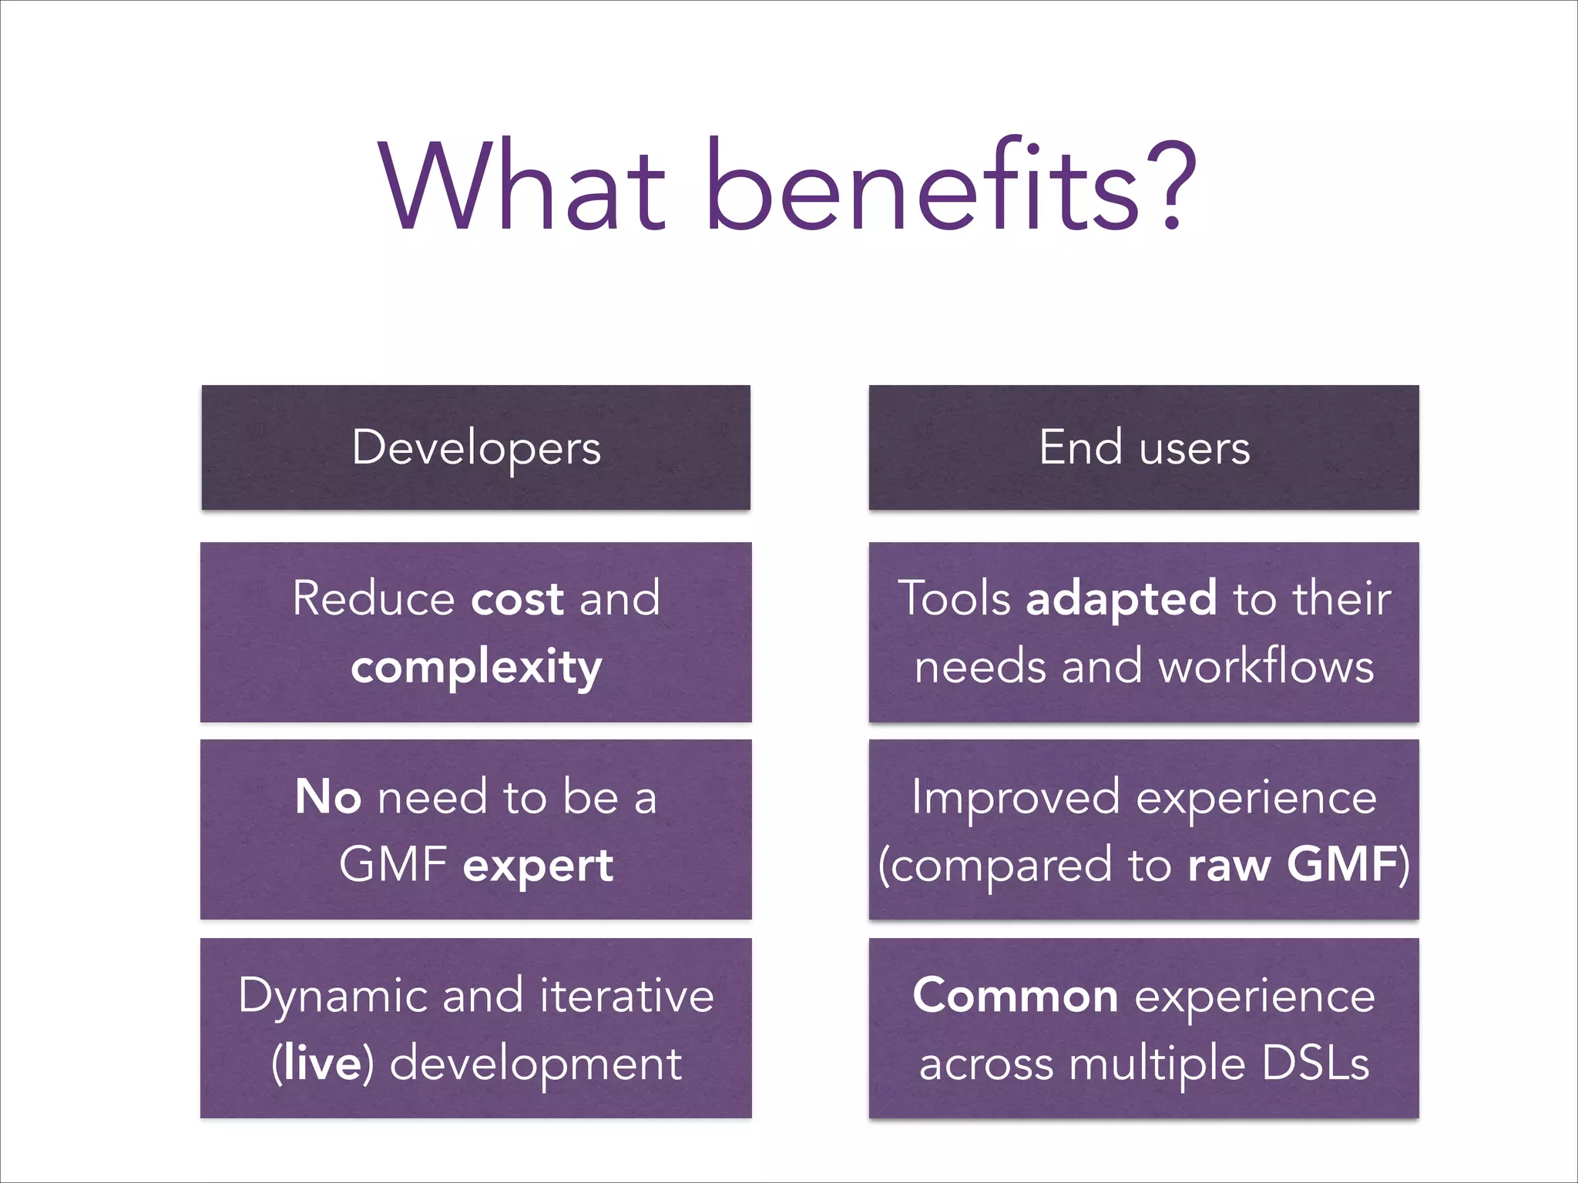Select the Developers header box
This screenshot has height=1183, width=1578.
point(475,447)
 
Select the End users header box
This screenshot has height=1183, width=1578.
point(1143,447)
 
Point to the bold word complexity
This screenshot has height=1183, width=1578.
point(476,668)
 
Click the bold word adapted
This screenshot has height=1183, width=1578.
point(1121,598)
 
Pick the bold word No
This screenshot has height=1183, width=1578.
point(327,797)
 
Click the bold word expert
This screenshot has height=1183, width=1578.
point(538,866)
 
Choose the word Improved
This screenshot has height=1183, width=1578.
point(1015,797)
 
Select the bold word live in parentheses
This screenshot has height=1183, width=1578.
point(322,1064)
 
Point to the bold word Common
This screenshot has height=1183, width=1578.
point(1015,996)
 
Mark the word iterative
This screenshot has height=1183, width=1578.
point(626,996)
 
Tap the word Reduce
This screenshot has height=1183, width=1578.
point(374,598)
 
